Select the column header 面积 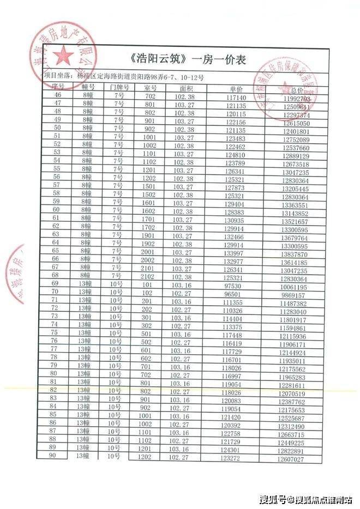coord(186,87)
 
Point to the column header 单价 coord(236,88)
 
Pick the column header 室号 coord(151,87)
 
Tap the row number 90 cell coord(53,456)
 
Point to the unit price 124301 coord(231,450)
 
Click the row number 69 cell coord(54,283)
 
